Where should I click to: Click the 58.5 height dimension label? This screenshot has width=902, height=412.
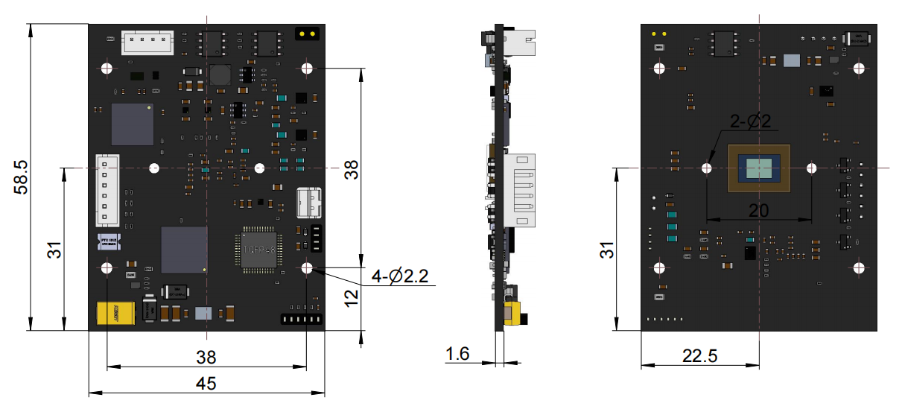(x=22, y=177)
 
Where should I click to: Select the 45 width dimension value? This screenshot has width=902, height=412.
(x=206, y=384)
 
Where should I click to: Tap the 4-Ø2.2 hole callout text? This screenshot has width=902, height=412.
(x=400, y=276)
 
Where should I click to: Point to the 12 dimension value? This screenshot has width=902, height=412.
(x=352, y=298)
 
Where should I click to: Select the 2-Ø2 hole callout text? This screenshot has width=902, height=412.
(x=753, y=121)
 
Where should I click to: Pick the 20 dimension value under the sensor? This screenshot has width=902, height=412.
(x=758, y=211)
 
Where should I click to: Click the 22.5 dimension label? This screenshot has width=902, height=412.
(x=699, y=357)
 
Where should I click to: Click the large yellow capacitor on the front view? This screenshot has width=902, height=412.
(x=115, y=314)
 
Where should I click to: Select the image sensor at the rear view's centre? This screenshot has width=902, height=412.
(x=759, y=168)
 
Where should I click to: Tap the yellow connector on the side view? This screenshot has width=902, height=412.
(x=513, y=314)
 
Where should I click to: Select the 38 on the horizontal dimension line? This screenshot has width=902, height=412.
(x=206, y=356)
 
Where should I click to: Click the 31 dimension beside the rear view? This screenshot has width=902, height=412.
(x=609, y=249)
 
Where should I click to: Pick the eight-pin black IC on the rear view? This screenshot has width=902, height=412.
(x=723, y=43)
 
